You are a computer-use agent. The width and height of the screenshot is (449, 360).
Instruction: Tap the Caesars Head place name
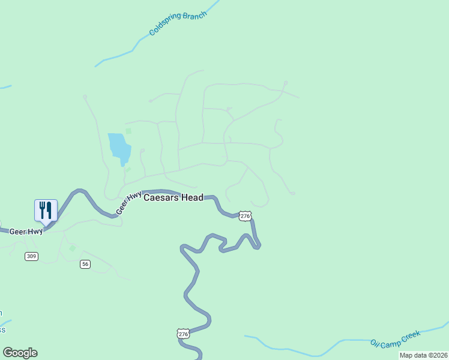pos(173,197)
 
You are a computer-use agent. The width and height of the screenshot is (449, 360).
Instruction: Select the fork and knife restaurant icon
pos(46,211)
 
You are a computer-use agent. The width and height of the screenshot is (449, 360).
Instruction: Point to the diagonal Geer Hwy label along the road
pos(128,203)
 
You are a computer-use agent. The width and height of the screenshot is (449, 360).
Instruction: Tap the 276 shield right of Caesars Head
pos(244,216)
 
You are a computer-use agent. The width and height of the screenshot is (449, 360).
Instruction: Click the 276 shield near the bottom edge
pos(183,334)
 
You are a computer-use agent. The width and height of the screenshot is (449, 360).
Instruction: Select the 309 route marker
pos(31,256)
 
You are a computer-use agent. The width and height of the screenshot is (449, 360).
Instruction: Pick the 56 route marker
pos(85,264)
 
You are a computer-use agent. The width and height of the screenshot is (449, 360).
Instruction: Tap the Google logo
pos(20,353)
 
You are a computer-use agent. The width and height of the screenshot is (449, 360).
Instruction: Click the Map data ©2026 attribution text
pos(423,355)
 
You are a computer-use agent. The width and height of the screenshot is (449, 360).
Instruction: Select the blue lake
pos(119,147)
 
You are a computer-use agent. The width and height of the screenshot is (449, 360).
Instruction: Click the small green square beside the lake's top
pos(128,131)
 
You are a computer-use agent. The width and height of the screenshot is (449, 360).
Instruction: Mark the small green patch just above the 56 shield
pos(73,248)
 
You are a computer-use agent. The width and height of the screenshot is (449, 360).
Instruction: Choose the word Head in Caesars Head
pos(191,197)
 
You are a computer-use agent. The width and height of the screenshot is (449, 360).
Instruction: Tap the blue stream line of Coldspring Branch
pos(120,58)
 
